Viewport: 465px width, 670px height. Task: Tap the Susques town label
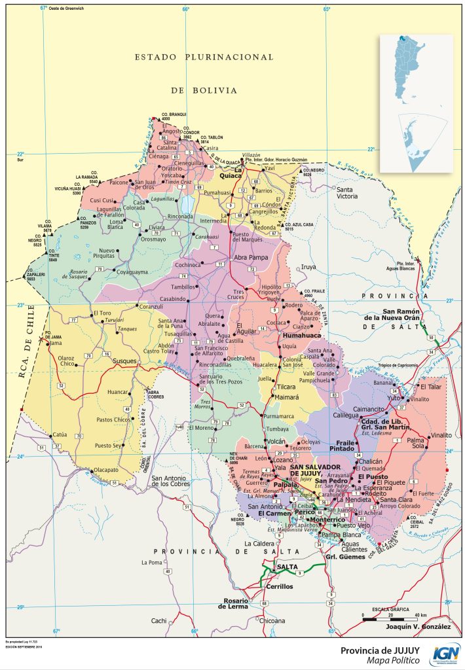(x=124, y=361)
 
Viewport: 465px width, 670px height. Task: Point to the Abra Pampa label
(x=251, y=257)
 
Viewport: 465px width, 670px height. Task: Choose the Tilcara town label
(x=287, y=387)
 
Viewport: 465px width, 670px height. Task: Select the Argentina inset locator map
(x=416, y=103)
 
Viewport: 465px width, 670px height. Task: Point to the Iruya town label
(x=308, y=267)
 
